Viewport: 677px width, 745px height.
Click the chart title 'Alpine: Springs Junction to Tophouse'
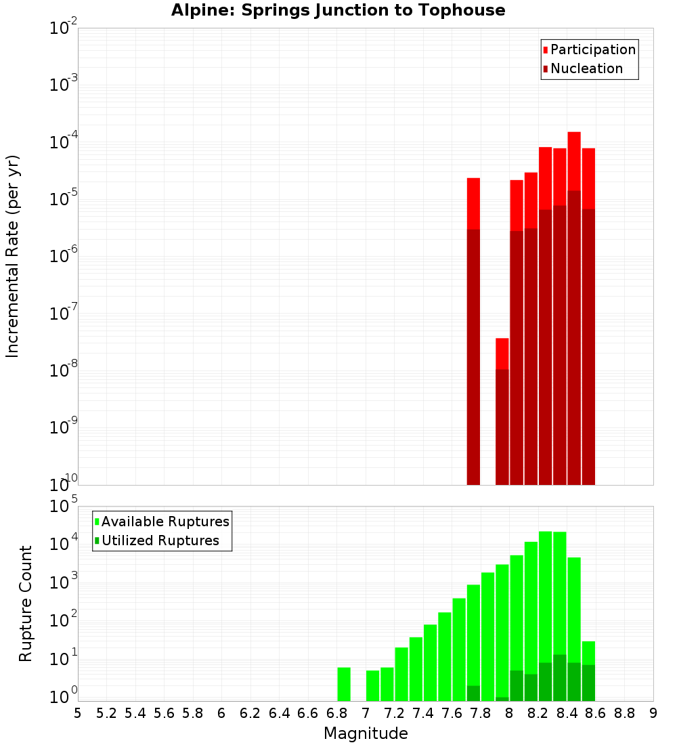point(338,10)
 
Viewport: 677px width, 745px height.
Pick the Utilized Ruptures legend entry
point(160,540)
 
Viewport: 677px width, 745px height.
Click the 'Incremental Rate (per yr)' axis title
point(14,256)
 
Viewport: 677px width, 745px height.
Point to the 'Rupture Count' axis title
point(26,603)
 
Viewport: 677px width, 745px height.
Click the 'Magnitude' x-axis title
point(366,733)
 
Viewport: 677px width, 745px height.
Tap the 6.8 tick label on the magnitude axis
point(336,713)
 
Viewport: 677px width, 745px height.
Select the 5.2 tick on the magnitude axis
point(106,713)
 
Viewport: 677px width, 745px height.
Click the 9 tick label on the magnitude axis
point(653,713)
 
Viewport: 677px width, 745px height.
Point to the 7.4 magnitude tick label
point(423,713)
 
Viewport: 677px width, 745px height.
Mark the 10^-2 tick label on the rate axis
point(64,29)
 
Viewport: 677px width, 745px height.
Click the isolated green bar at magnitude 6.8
point(344,684)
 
